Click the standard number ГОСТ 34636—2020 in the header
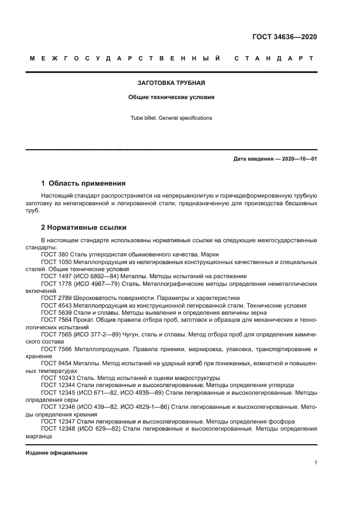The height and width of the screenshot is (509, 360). [x=285, y=37]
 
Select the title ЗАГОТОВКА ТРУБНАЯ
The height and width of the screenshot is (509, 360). [x=171, y=83]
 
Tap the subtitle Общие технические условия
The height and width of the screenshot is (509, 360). [x=171, y=97]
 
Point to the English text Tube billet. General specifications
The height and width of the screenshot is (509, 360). [x=171, y=118]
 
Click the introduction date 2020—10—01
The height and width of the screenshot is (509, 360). [x=297, y=159]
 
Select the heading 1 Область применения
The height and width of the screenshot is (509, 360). [x=83, y=183]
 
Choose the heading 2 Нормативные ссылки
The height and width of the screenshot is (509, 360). [x=84, y=226]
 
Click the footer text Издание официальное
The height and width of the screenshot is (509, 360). [x=57, y=452]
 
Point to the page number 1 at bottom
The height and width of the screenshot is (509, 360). [x=315, y=463]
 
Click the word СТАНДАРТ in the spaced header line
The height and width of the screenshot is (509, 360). [x=274, y=58]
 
